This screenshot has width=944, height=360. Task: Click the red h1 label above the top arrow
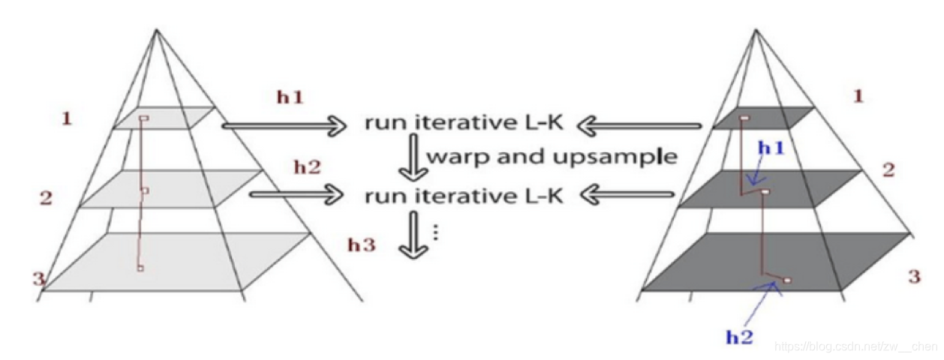289,97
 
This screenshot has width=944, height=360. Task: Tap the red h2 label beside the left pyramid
306,166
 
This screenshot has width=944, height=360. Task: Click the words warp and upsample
552,157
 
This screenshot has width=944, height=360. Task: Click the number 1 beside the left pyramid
67,118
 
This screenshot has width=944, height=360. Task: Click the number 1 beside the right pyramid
858,95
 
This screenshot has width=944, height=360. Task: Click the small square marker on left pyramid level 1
144,118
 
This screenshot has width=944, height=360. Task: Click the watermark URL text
855,346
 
